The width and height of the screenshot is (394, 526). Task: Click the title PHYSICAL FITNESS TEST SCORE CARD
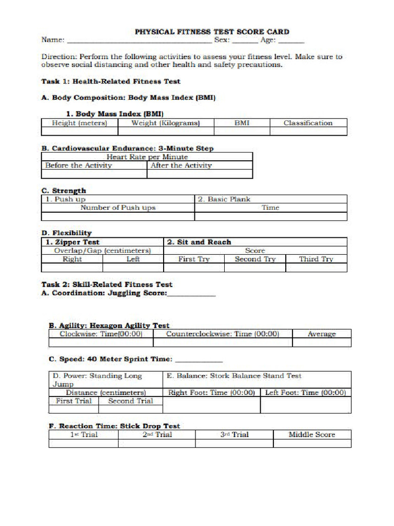(212, 31)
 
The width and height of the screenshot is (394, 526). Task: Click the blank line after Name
(139, 41)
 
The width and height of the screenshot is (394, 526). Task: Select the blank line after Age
(291, 41)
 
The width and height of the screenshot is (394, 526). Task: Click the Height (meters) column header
(80, 123)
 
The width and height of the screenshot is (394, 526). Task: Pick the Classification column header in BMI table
(308, 123)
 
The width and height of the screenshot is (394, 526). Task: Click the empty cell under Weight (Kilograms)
(165, 131)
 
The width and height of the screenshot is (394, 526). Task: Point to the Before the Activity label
(78, 165)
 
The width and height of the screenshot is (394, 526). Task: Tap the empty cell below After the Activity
(200, 174)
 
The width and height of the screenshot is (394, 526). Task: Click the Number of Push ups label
(118, 208)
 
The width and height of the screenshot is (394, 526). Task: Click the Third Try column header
(316, 259)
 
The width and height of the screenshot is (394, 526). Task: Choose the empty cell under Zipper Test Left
(133, 268)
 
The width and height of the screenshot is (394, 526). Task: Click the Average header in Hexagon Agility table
(322, 334)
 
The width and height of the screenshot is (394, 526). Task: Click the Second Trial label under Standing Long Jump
(130, 401)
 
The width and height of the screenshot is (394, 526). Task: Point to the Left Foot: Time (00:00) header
(305, 392)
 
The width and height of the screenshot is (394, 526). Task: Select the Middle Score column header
(311, 435)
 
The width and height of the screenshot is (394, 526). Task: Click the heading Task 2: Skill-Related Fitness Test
(107, 285)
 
